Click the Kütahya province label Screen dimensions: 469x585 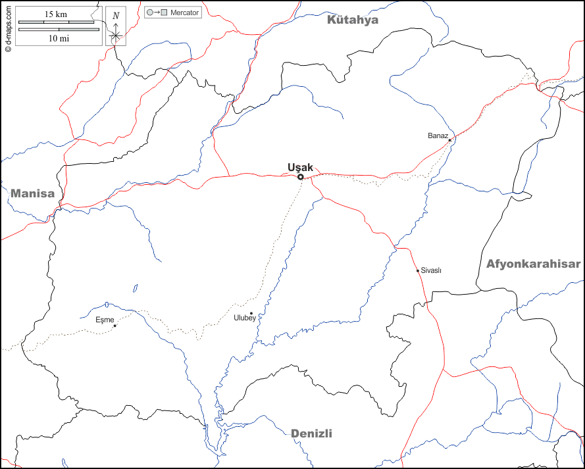point(353,20)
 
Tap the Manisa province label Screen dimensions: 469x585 point(32,193)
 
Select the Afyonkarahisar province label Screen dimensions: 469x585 point(534,264)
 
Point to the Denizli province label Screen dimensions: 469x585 point(311,433)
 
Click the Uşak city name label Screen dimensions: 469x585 point(301,167)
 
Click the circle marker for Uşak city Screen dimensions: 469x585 point(301,177)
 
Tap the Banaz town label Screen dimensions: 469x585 point(438,136)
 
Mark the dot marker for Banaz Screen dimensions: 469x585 point(449,140)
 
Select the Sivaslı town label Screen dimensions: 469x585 point(431,270)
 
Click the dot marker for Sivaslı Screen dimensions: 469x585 point(418,270)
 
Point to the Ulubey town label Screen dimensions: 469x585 point(245,318)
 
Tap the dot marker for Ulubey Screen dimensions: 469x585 point(251,313)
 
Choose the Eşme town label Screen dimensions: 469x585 point(105,320)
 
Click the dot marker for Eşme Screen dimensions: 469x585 point(115,326)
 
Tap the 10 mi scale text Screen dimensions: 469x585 point(59,38)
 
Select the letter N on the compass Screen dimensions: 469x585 point(116,16)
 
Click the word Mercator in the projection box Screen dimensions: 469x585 point(184,12)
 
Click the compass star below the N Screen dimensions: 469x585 point(116,35)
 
